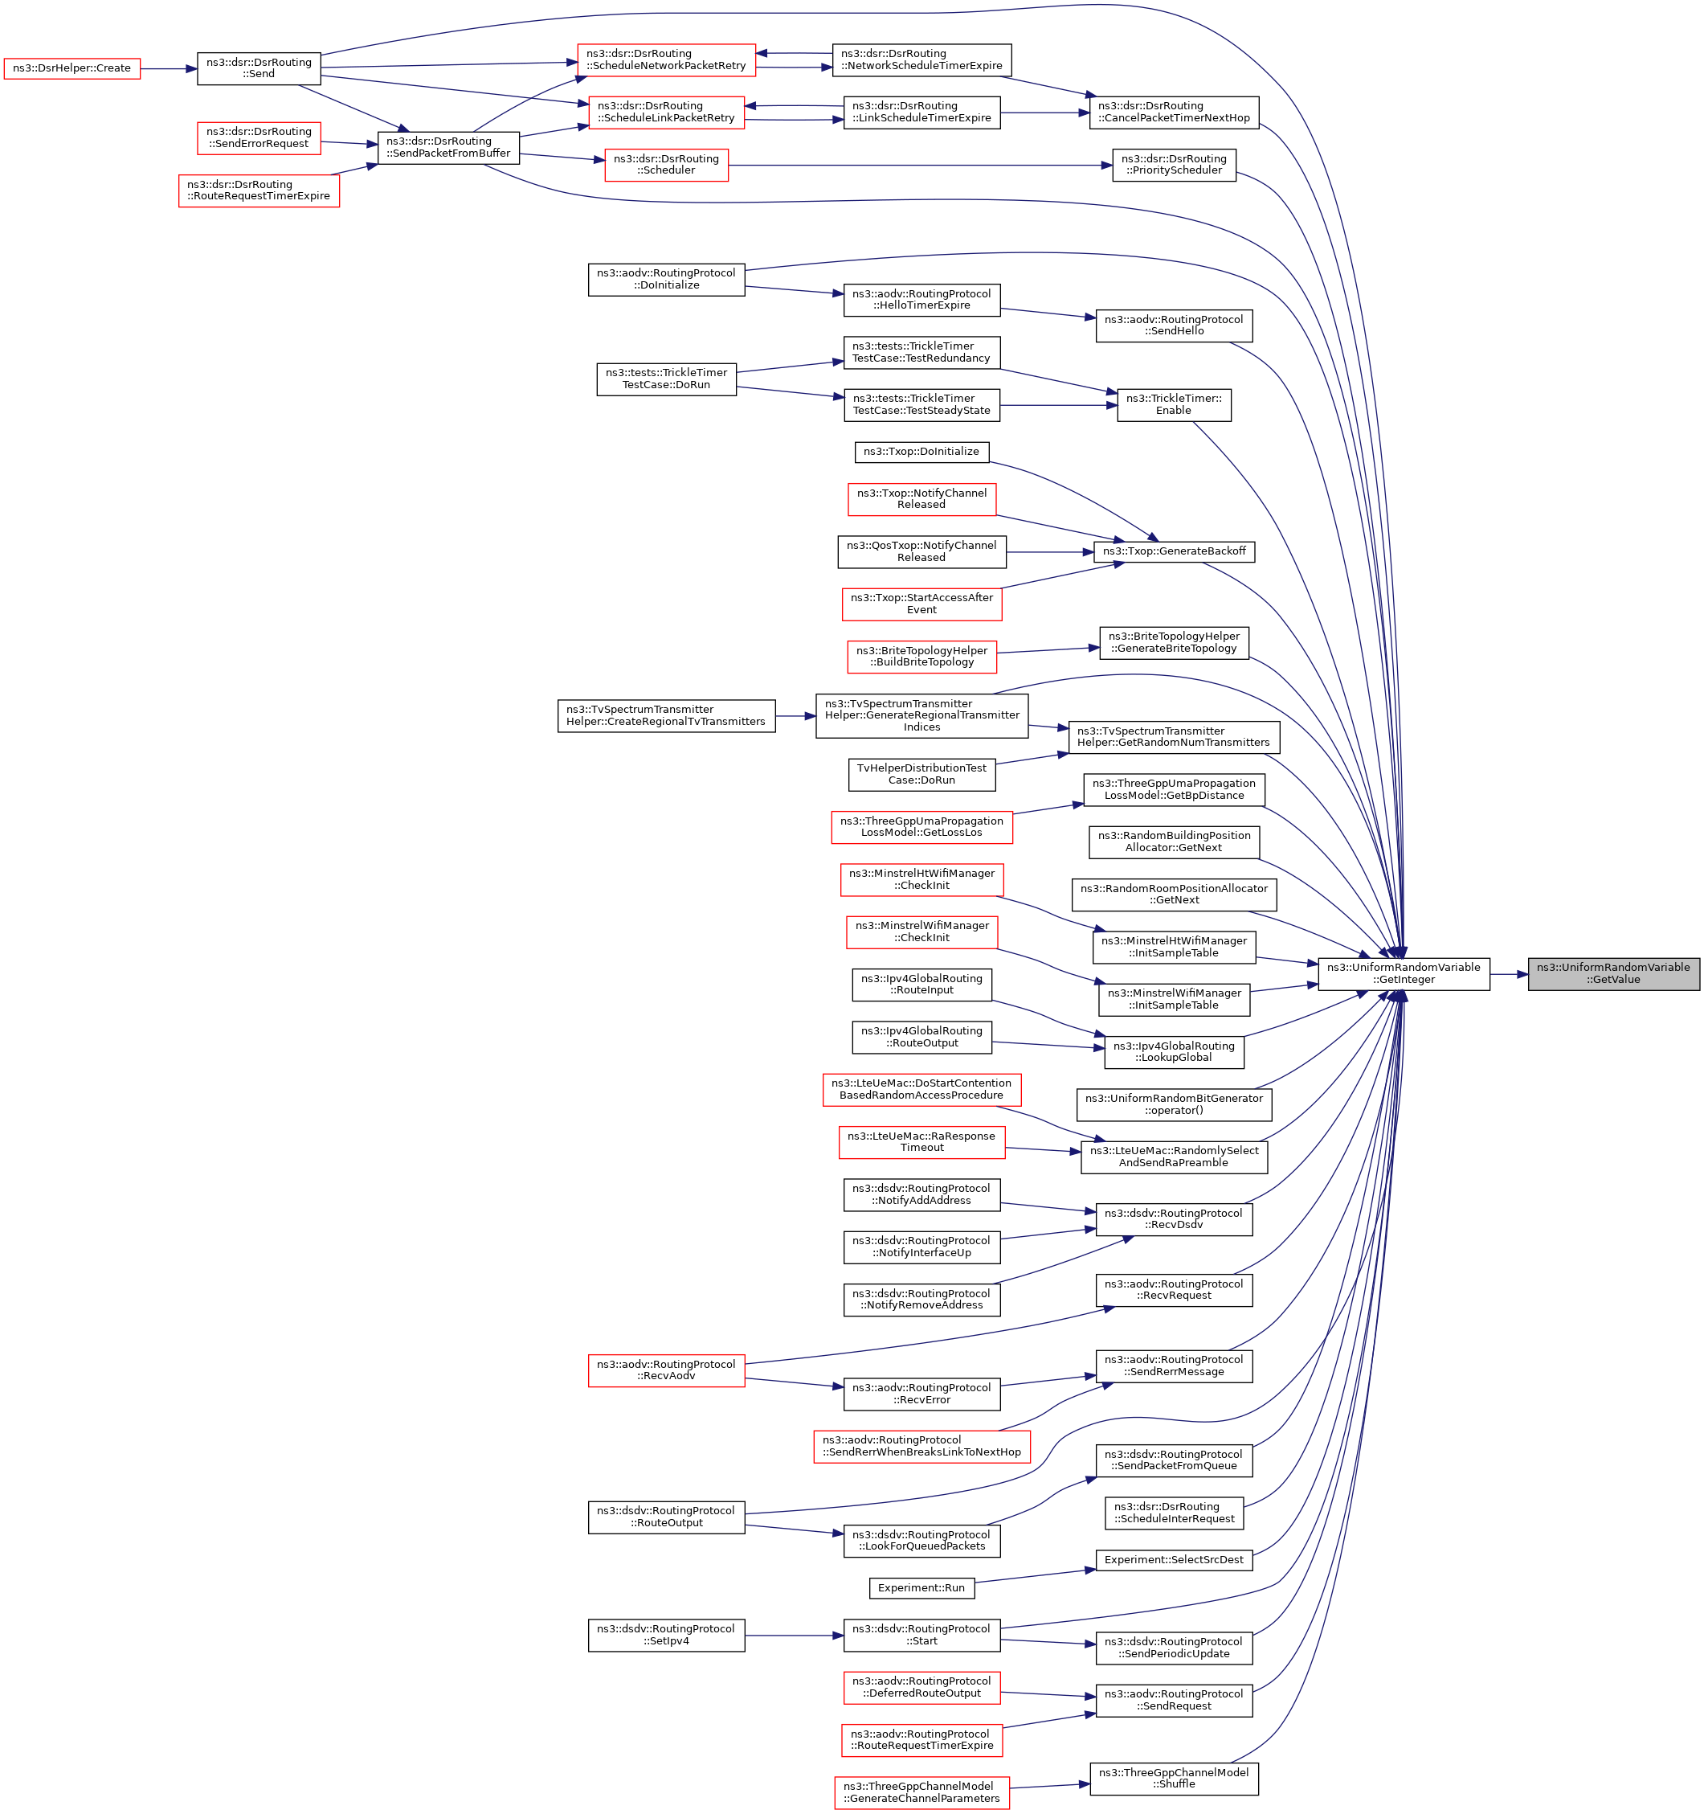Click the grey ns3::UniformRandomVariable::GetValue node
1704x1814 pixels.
pyautogui.click(x=1612, y=973)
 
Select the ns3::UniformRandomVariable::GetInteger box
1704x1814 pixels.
pyautogui.click(x=1403, y=973)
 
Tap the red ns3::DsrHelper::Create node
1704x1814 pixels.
pyautogui.click(x=72, y=68)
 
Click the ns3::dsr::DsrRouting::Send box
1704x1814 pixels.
pyautogui.click(x=259, y=68)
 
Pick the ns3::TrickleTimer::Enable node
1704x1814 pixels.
pyautogui.click(x=1173, y=405)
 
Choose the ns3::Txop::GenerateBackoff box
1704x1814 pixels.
pyautogui.click(x=1173, y=551)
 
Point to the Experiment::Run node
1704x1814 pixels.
pyautogui.click(x=921, y=1587)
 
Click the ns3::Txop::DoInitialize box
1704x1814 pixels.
pyautogui.click(x=921, y=452)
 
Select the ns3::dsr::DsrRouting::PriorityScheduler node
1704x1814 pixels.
pyautogui.click(x=1173, y=165)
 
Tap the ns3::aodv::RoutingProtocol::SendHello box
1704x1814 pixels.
pyautogui.click(x=1173, y=326)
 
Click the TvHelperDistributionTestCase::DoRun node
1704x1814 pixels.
pyautogui.click(x=921, y=775)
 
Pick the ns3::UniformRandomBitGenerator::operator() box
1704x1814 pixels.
pyautogui.click(x=1173, y=1104)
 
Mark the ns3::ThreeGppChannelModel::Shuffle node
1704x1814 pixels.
pyautogui.click(x=1173, y=1779)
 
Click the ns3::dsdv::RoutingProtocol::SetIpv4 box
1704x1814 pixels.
pyautogui.click(x=666, y=1635)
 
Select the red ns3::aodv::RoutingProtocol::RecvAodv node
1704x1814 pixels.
pyautogui.click(x=666, y=1370)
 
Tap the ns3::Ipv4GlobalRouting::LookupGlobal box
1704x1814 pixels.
pyautogui.click(x=1173, y=1052)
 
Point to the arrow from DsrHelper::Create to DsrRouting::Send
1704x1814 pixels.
pyautogui.click(x=169, y=68)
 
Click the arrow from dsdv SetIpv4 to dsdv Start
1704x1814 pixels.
pyautogui.click(x=794, y=1635)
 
